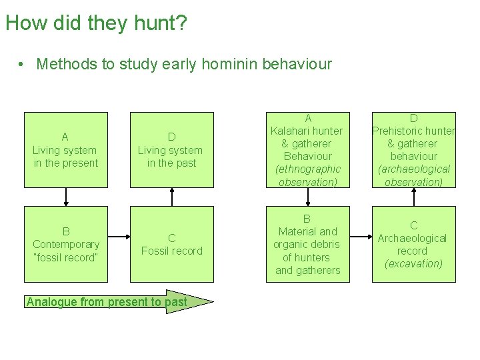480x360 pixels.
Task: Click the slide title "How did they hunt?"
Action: pos(96,24)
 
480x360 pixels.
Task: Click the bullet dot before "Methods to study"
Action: pos(22,65)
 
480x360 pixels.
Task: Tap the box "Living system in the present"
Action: pos(65,150)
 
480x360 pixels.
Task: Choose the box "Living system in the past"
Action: pos(171,150)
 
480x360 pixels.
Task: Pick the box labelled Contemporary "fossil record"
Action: pos(65,244)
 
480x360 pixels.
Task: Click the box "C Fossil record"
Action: pos(171,244)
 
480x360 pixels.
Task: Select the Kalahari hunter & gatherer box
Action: pos(307,150)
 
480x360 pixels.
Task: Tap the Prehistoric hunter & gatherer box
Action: pos(413,150)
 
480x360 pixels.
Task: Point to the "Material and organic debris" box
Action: pos(307,244)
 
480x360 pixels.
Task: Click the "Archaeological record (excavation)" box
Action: pos(413,244)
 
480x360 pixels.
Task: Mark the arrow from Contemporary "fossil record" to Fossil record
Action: pos(119,236)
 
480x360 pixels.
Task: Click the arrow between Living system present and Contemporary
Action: pos(66,197)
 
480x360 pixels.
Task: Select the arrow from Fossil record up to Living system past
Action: pos(172,197)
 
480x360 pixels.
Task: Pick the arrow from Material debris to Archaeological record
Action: pos(361,236)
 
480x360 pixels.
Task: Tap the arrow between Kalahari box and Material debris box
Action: pos(308,197)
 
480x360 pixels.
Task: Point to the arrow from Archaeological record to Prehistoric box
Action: pos(414,197)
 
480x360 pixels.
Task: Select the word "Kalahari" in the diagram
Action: pos(297,131)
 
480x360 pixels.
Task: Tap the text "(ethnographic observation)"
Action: pos(307,175)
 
